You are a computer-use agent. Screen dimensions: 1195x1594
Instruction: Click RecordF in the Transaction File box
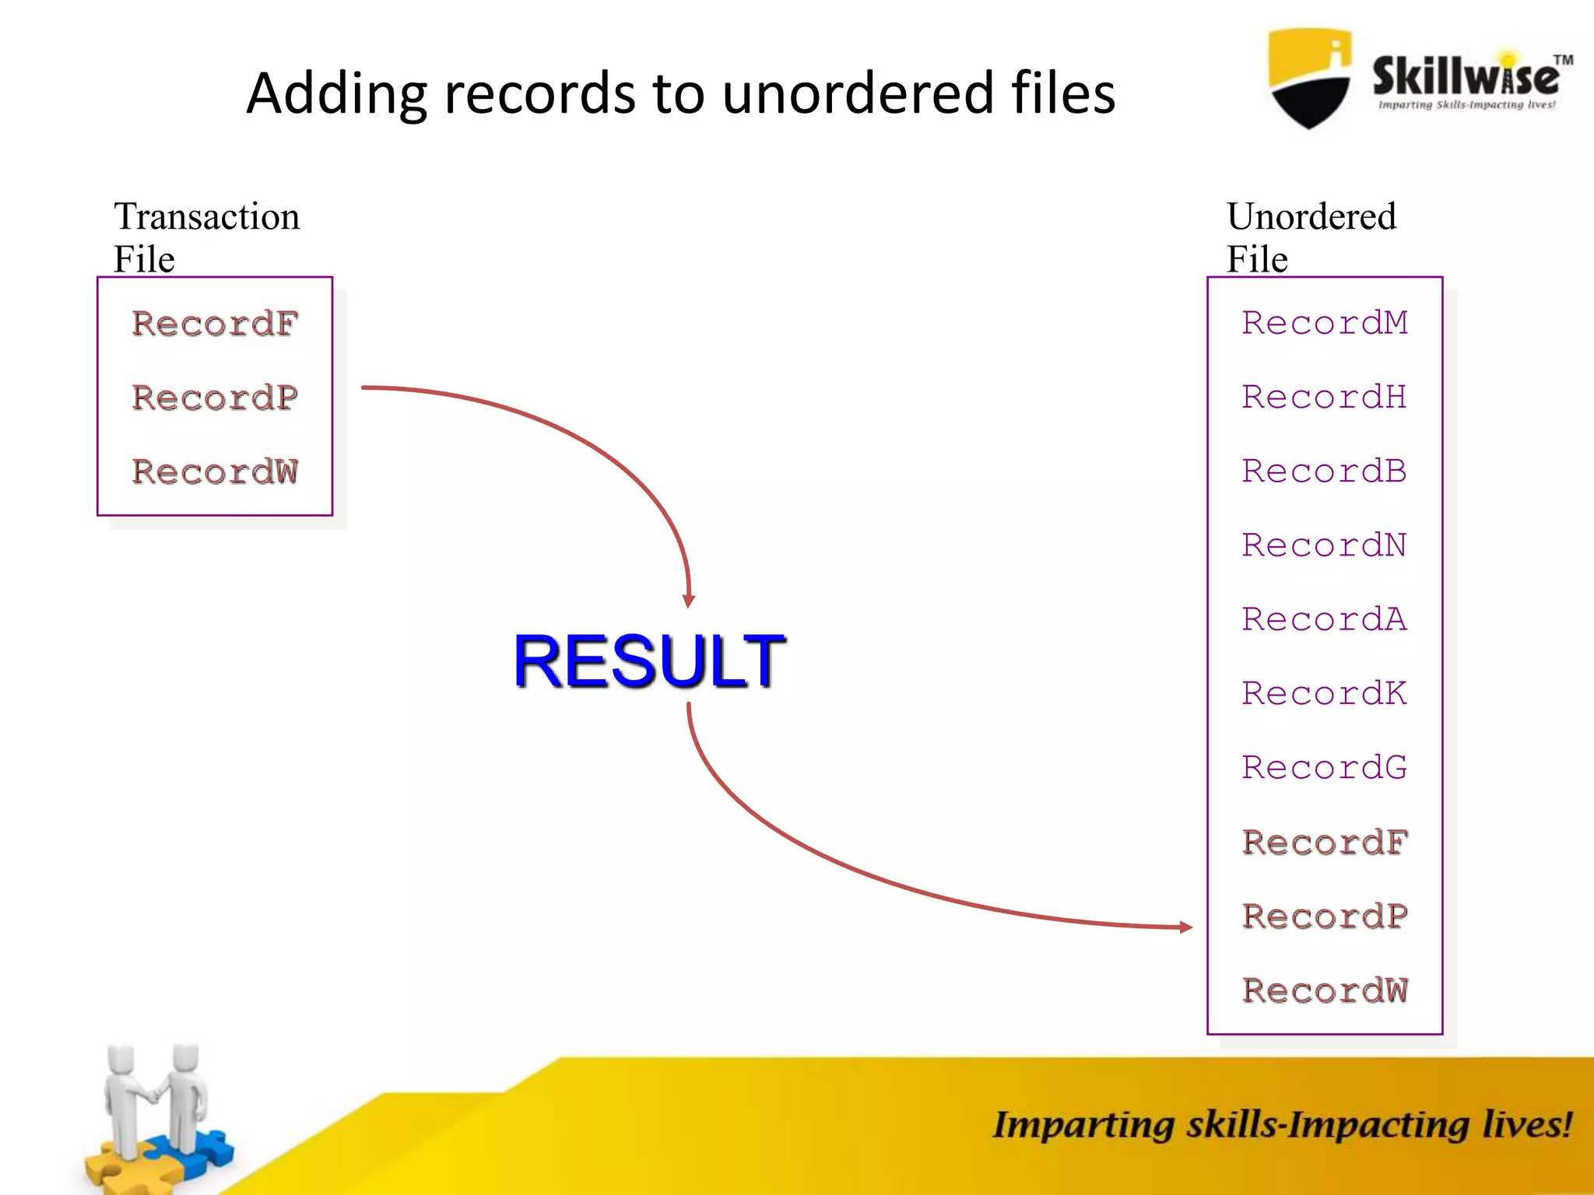coord(215,324)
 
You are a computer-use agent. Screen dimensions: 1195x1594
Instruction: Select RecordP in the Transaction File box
coord(215,398)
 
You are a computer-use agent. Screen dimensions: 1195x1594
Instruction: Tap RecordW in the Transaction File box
coord(215,471)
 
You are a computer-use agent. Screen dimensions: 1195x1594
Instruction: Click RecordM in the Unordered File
coord(1325,323)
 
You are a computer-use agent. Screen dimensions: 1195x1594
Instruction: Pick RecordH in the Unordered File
coord(1325,397)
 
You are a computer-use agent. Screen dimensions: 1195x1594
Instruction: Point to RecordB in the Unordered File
coord(1325,471)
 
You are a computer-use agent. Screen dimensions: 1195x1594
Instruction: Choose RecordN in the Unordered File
coord(1325,545)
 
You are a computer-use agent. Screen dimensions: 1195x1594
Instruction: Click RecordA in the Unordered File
coord(1325,619)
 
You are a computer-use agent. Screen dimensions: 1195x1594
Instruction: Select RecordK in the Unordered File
coord(1325,693)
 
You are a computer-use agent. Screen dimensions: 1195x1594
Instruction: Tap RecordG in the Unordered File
coord(1325,767)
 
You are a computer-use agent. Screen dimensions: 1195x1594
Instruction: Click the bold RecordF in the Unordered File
coord(1325,842)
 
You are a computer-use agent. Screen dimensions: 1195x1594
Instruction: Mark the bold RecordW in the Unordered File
coord(1325,990)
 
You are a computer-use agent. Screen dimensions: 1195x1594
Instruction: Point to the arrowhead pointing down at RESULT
coord(689,600)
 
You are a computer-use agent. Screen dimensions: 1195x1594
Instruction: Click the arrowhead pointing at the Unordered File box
coord(1185,927)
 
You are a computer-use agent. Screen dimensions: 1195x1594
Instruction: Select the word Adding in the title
coord(336,93)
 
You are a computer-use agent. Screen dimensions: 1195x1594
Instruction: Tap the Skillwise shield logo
coord(1309,78)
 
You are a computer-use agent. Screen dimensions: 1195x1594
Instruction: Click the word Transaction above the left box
coord(206,216)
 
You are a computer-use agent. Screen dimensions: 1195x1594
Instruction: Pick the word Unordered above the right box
coord(1311,216)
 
